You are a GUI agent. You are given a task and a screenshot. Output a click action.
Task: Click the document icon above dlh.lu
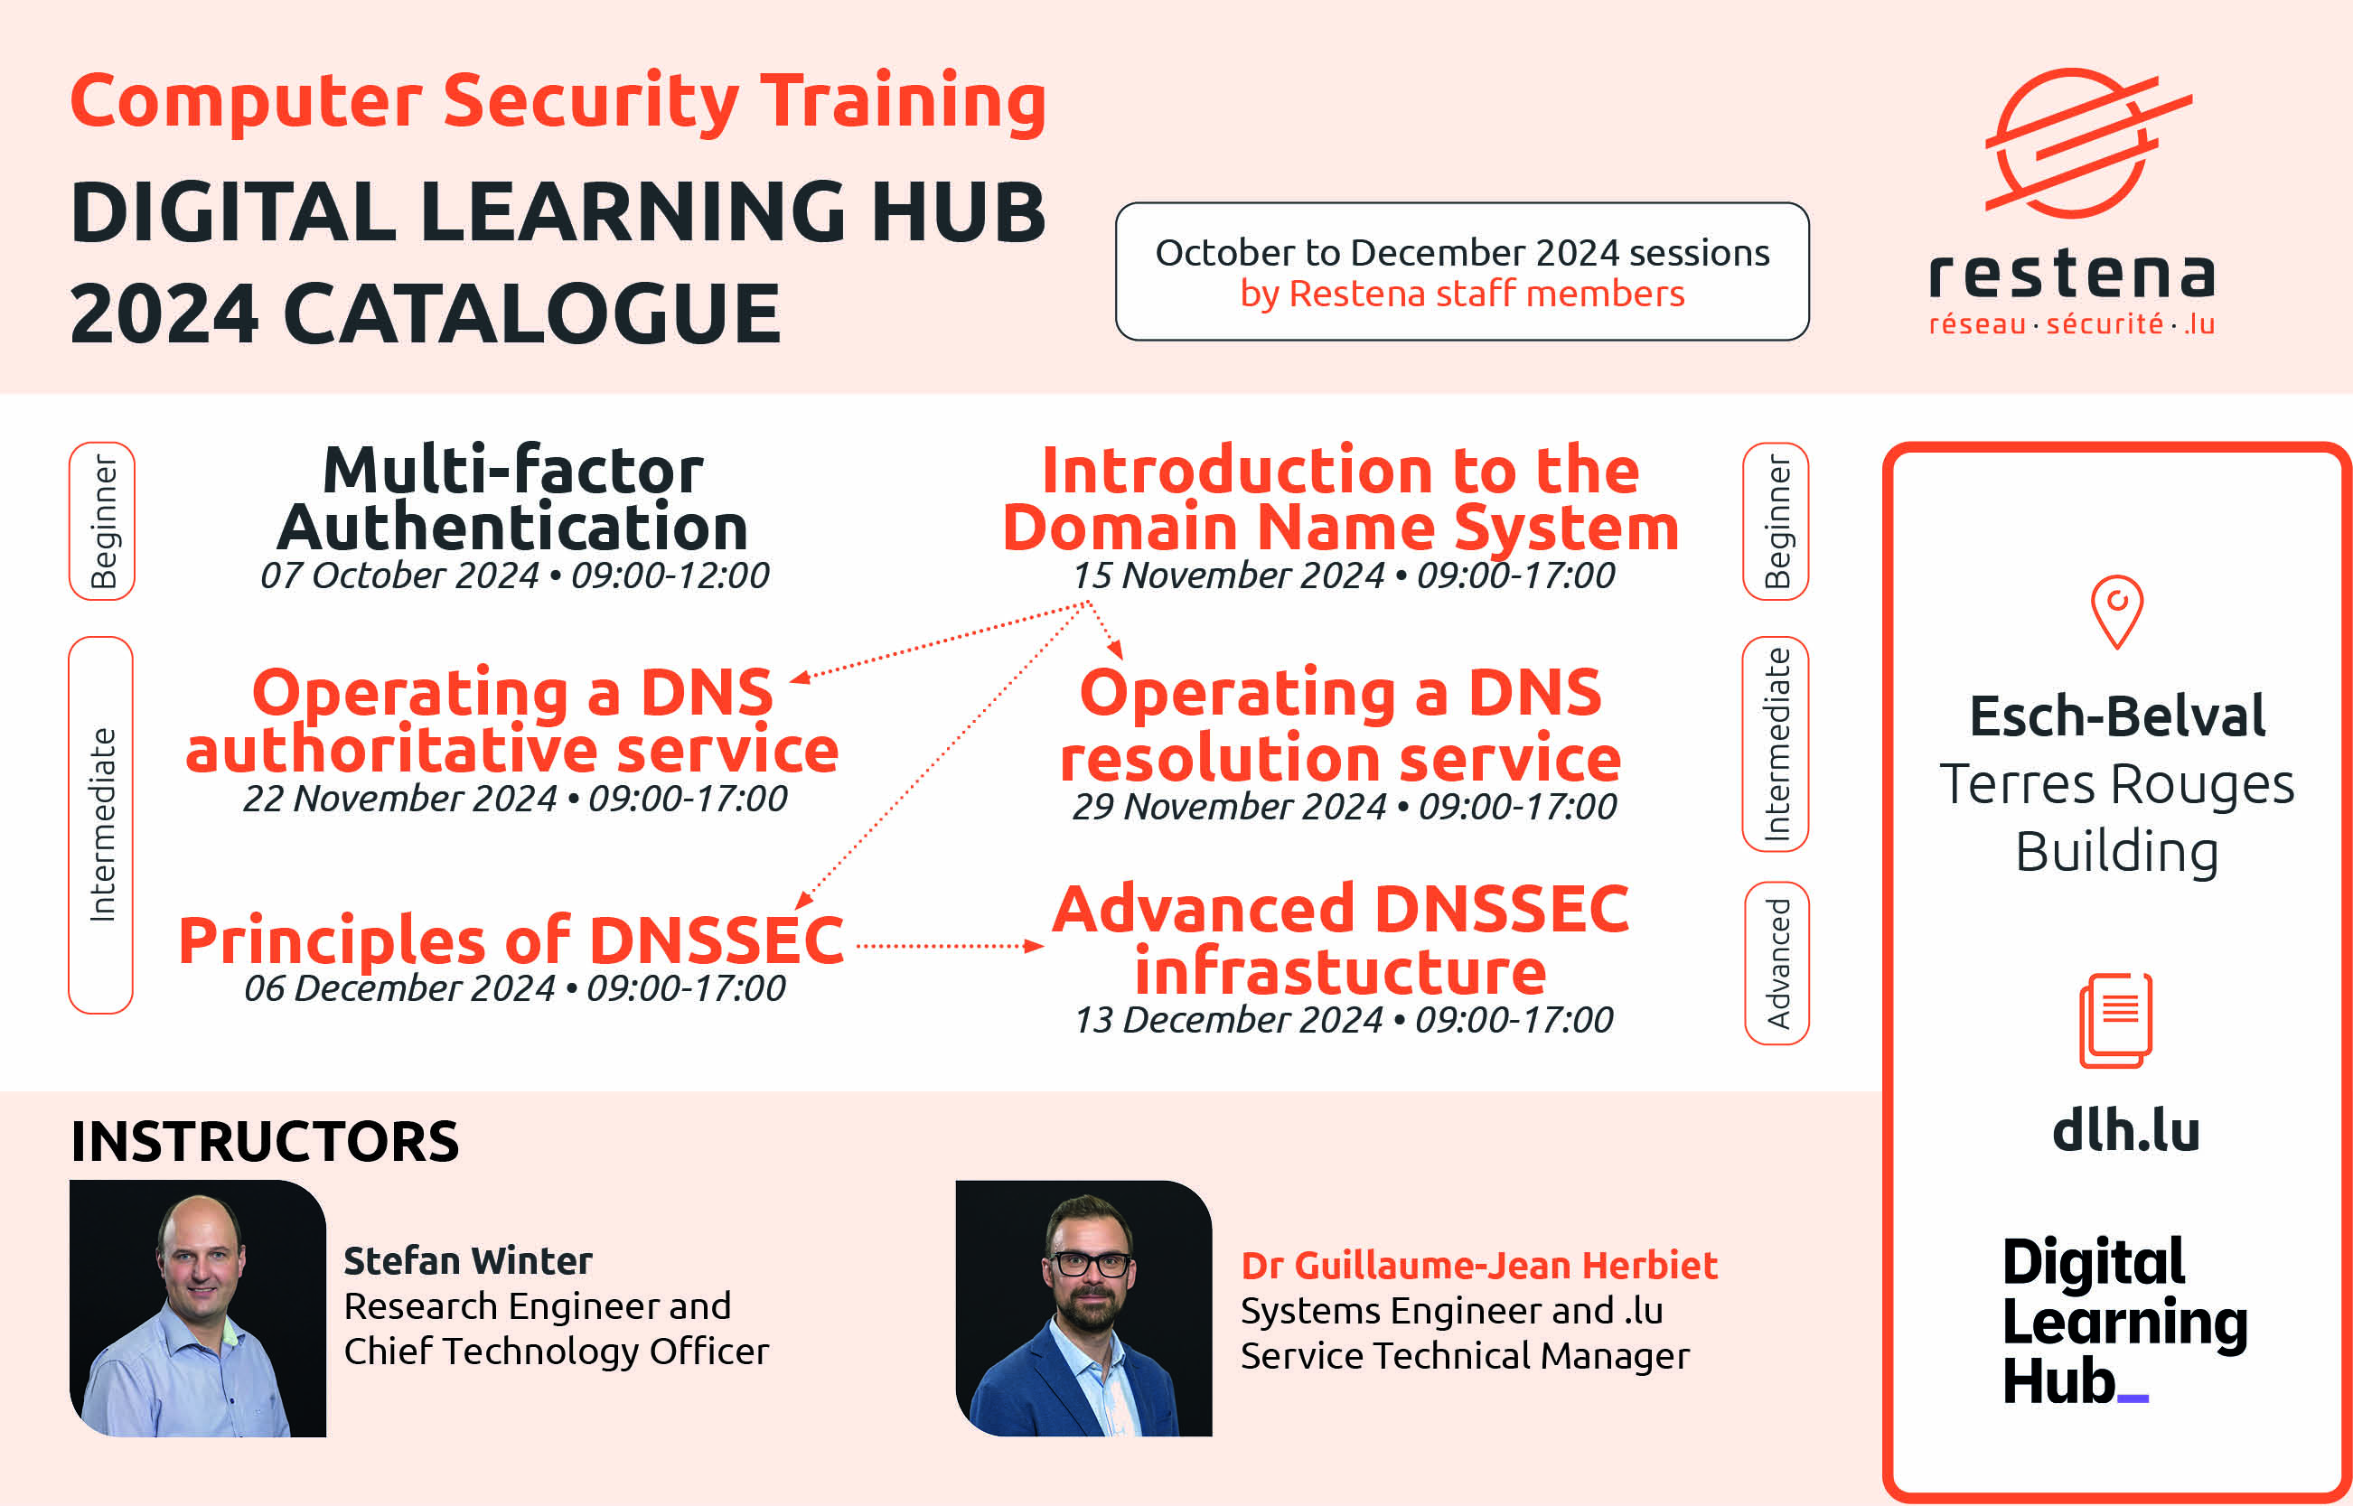pos(2115,1020)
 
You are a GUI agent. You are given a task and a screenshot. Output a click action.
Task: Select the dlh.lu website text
pos(2126,1129)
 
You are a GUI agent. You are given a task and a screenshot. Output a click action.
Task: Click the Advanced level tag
pos(1777,963)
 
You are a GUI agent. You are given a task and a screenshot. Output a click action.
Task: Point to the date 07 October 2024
pos(399,575)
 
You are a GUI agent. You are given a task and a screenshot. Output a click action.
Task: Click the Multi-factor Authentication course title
pos(512,499)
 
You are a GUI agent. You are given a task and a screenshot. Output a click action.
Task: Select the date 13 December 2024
pos(1228,1020)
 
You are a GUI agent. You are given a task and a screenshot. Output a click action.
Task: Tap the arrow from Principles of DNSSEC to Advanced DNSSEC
pos(950,946)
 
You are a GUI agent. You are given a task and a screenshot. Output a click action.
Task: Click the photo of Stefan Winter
pos(198,1308)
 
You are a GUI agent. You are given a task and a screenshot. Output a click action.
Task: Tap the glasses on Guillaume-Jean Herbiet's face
pos(1090,1264)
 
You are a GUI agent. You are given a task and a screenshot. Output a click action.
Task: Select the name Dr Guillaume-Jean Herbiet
pos(1478,1266)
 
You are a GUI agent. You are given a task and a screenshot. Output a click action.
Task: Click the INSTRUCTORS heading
pos(265,1141)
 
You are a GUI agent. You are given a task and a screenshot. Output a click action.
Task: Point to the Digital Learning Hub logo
pos(2124,1321)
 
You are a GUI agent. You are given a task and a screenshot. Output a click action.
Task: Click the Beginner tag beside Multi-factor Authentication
pos(102,521)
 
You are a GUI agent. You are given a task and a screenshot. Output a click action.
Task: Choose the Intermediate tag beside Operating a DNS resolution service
pos(1776,744)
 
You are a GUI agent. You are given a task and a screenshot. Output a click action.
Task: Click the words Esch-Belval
pos(2117,716)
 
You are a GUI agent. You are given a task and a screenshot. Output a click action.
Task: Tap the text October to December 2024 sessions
pos(1462,252)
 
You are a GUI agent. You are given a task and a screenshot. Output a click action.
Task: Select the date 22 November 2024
pos(400,798)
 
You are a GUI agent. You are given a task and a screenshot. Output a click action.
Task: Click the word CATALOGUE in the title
pos(532,313)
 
